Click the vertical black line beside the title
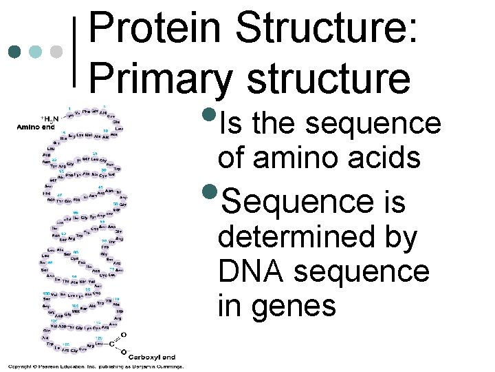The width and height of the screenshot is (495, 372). (x=75, y=52)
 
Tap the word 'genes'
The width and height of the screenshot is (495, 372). (x=293, y=305)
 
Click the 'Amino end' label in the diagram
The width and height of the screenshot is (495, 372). (x=35, y=127)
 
